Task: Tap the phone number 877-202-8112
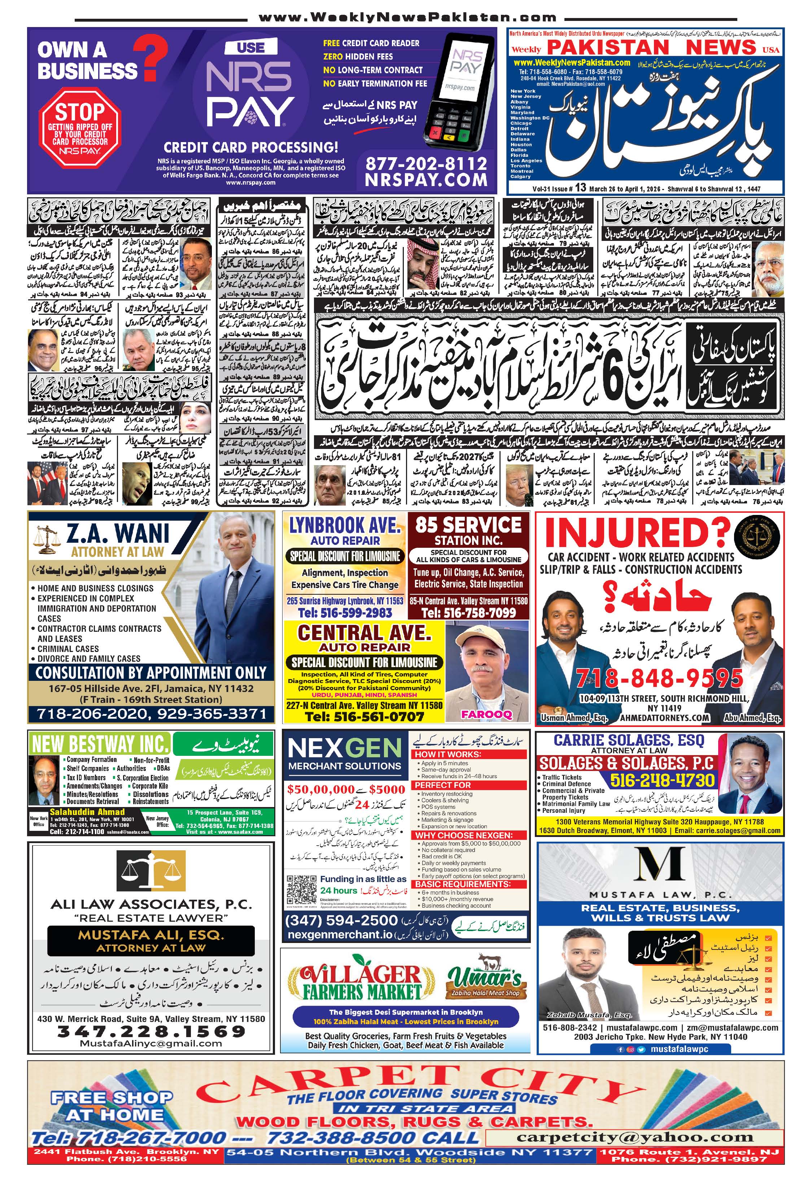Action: [426, 164]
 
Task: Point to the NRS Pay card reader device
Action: [458, 89]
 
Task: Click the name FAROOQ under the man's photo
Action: [486, 714]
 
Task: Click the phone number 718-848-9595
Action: [659, 678]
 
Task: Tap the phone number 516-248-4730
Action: [662, 780]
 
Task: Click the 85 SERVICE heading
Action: [468, 525]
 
